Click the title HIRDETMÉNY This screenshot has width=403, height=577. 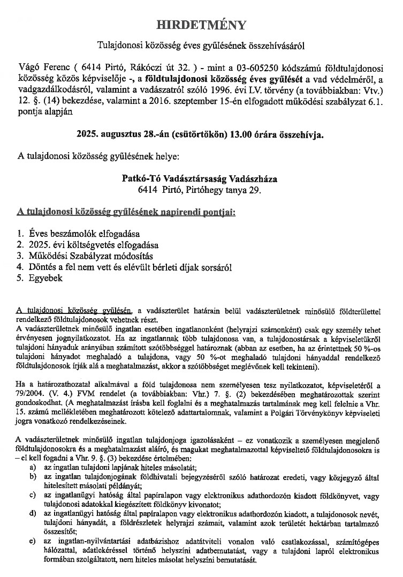pos(201,25)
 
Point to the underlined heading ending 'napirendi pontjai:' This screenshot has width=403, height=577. pos(126,212)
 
